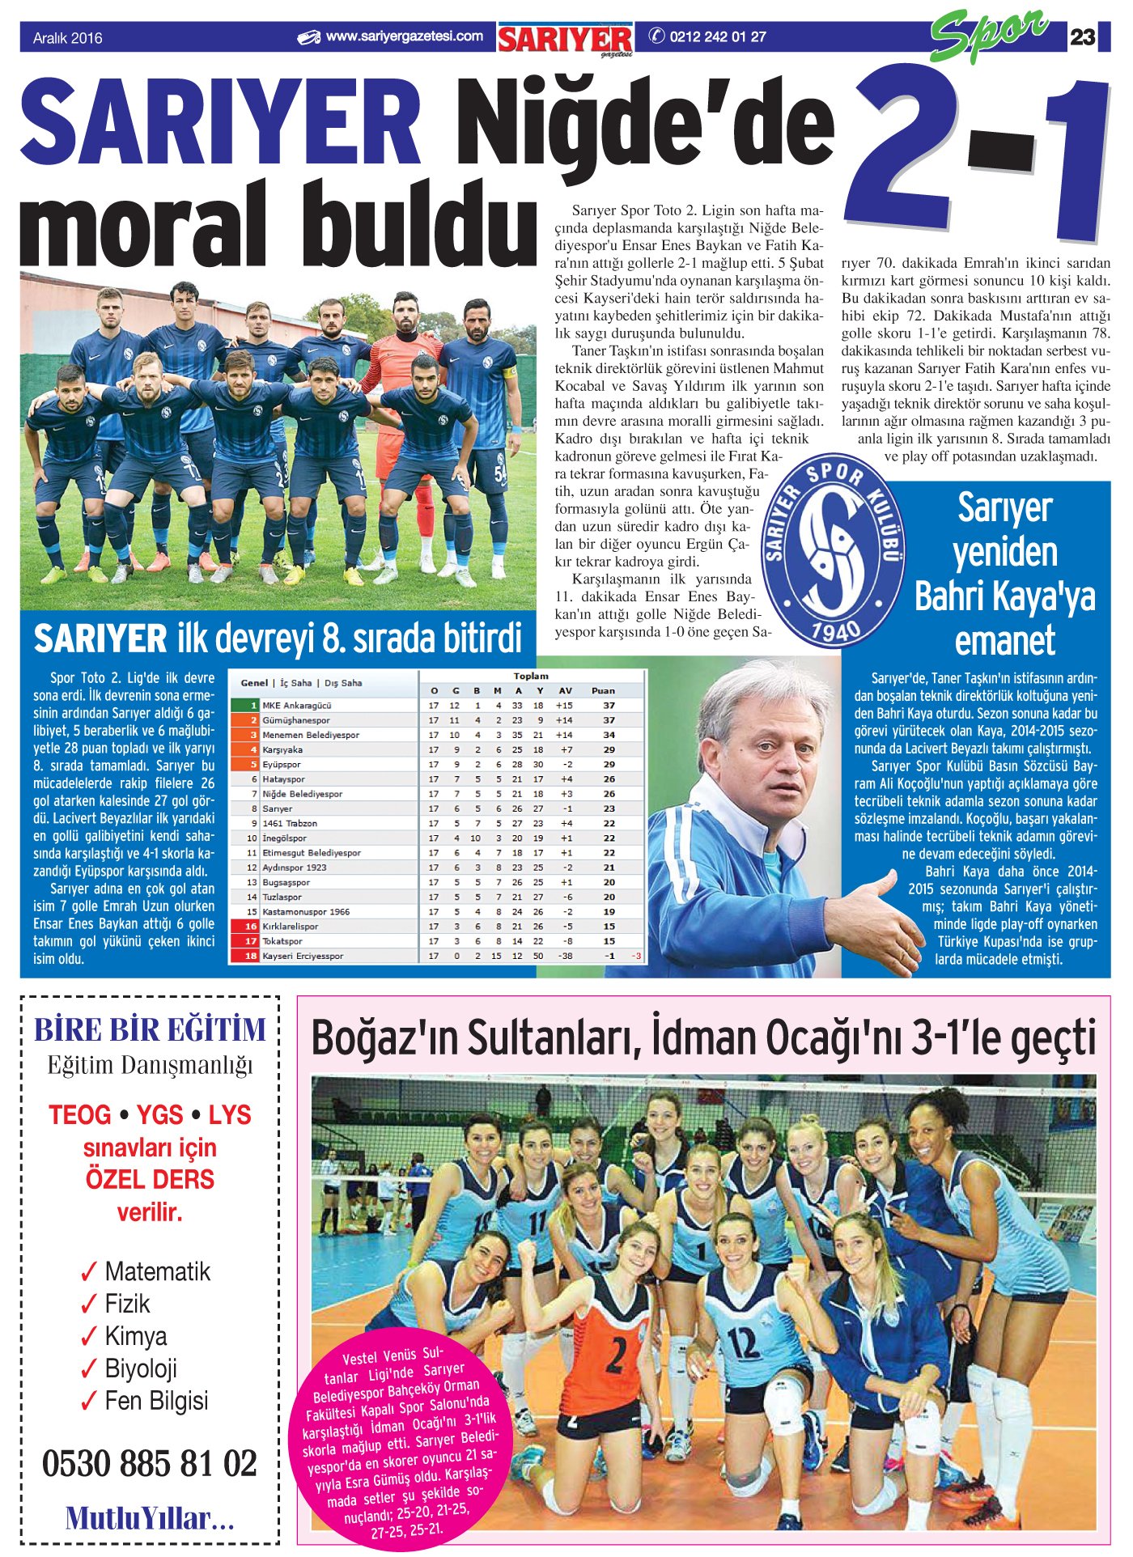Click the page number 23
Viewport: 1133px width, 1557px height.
(x=1082, y=37)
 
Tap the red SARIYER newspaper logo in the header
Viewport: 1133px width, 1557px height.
(x=565, y=39)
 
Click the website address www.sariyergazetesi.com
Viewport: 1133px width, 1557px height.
(x=404, y=36)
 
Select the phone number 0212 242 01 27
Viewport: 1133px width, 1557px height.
(x=717, y=36)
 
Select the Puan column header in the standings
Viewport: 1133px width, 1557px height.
(x=603, y=690)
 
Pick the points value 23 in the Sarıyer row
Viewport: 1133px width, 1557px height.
(x=609, y=808)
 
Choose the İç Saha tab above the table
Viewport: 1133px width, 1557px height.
(x=295, y=683)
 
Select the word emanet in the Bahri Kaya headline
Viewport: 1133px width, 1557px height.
(x=1004, y=641)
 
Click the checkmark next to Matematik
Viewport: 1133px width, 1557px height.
(x=89, y=1273)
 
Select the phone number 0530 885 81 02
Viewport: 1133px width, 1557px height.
(x=150, y=1463)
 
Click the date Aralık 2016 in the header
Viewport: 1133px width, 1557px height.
(x=68, y=38)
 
